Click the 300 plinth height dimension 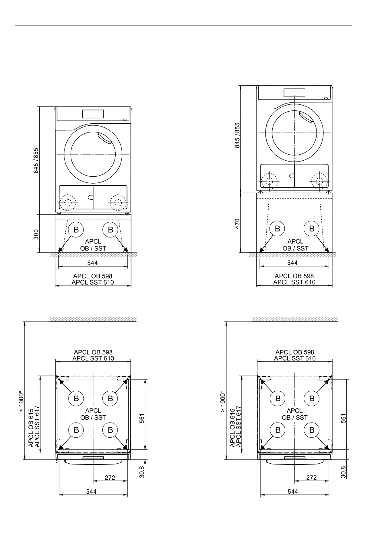coord(36,234)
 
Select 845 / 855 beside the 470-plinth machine coord(237,135)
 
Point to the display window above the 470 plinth coord(294,93)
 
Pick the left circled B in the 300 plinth coord(76,229)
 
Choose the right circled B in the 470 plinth coord(312,229)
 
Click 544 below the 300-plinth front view coord(92,263)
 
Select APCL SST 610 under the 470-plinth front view coord(294,282)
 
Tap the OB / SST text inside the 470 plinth coord(295,248)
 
